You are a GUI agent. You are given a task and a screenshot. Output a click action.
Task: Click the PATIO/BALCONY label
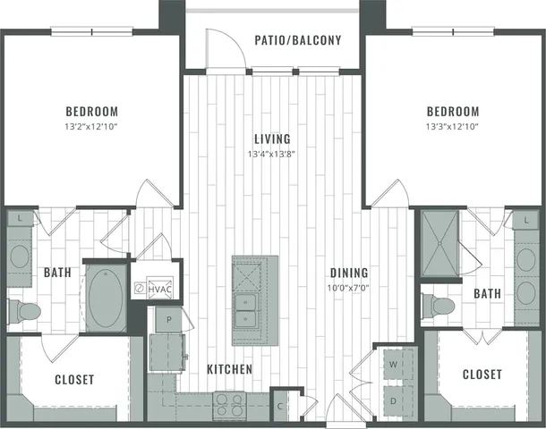click(x=298, y=40)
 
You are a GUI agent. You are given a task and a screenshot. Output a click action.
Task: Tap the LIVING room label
click(x=272, y=139)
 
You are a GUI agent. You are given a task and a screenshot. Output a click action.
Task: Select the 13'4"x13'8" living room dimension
click(x=272, y=155)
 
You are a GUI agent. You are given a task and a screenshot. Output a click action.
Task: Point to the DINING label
click(x=349, y=273)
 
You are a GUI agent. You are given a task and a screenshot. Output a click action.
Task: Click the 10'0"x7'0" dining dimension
click(x=349, y=289)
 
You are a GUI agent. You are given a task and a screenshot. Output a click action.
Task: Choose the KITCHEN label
click(x=229, y=369)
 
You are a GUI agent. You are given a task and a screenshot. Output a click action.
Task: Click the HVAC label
click(x=161, y=289)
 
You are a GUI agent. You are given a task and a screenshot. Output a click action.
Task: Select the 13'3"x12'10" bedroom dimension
click(x=452, y=127)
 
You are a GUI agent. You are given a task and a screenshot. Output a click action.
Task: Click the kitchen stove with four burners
click(x=229, y=404)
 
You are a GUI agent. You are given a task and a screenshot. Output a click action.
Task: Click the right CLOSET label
click(x=482, y=374)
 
